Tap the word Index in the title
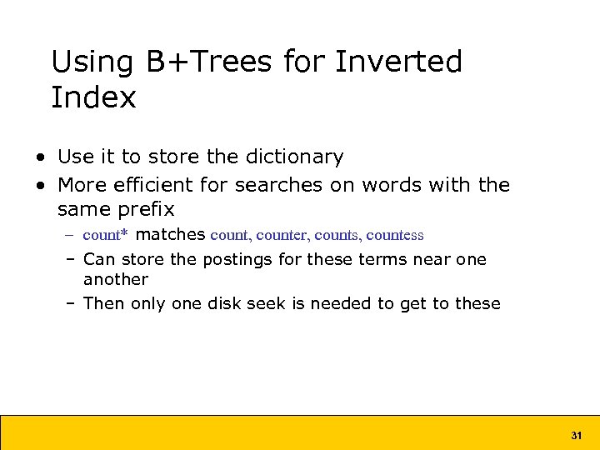(x=93, y=97)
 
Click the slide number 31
(x=576, y=436)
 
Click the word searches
(x=279, y=184)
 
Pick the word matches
(x=170, y=235)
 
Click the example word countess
(x=394, y=236)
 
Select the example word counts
(x=336, y=236)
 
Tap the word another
(x=115, y=279)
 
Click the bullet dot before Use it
(x=40, y=157)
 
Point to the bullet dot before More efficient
(x=40, y=185)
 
